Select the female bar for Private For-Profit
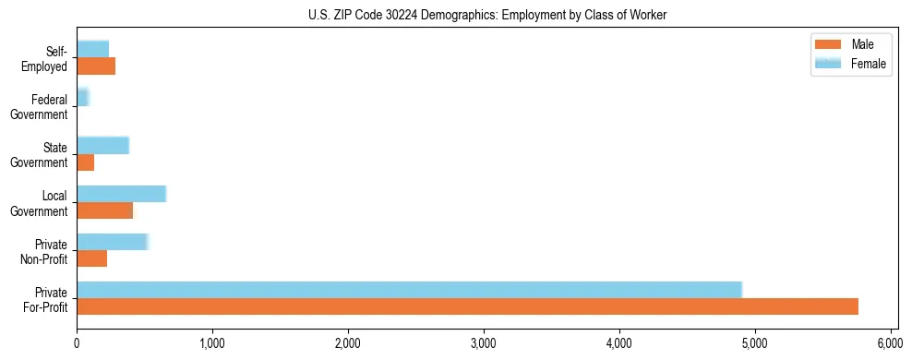pos(409,290)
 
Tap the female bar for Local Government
pos(121,194)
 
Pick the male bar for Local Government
pos(104,210)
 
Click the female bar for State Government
pos(102,145)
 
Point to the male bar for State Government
pos(85,162)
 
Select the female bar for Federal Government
pos(82,97)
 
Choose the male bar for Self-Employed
pos(96,66)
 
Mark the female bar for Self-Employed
pos(92,49)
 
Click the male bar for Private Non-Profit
pos(91,258)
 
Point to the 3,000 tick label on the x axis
pos(484,345)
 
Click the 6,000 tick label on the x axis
pos(891,345)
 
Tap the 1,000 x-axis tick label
pos(212,345)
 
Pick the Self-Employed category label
pos(46,58)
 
